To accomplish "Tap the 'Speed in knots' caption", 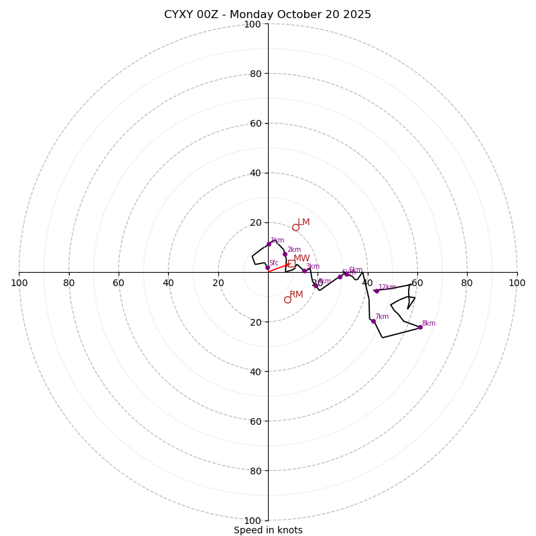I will (x=268, y=530).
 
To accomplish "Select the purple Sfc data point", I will (x=267, y=267).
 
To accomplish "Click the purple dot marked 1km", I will (x=269, y=244).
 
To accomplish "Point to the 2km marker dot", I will (x=285, y=254).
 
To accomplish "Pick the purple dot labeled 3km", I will (x=304, y=271).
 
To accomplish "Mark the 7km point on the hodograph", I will (x=373, y=321).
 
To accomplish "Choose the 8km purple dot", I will (x=420, y=327).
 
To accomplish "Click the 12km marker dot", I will (x=377, y=291).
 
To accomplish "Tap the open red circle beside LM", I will (x=295, y=227).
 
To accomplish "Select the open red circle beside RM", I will (x=287, y=299).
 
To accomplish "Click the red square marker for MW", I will (x=291, y=263).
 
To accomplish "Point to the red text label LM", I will (x=304, y=222).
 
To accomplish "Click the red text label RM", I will (x=296, y=294).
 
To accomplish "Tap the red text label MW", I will (x=301, y=258).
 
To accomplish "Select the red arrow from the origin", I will (x=279, y=268).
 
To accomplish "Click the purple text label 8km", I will (x=428, y=323).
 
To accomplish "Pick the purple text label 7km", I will (x=381, y=316).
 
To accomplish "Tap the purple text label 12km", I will (x=387, y=287).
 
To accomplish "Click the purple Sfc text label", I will (x=273, y=263).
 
